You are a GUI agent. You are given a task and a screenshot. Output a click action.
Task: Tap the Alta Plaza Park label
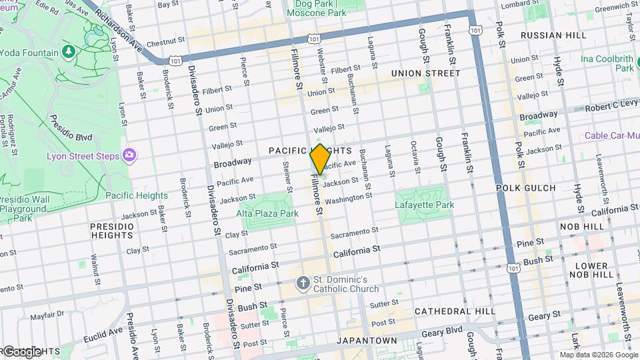267,214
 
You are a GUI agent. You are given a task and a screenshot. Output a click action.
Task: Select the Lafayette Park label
425,205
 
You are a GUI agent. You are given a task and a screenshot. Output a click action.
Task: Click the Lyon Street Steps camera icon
129,155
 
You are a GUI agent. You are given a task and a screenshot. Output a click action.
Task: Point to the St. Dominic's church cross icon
303,283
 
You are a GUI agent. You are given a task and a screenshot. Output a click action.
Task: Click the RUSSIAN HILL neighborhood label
553,35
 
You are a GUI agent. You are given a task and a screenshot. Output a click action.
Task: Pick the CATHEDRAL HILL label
455,311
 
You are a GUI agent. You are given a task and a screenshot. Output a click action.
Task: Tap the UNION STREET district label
425,73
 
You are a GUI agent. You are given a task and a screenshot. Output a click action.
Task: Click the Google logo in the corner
21,351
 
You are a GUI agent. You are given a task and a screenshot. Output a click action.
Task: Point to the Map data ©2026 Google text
598,355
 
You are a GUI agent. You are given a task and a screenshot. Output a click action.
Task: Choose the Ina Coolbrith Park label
607,64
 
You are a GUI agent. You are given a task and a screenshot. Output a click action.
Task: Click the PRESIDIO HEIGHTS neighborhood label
112,231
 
